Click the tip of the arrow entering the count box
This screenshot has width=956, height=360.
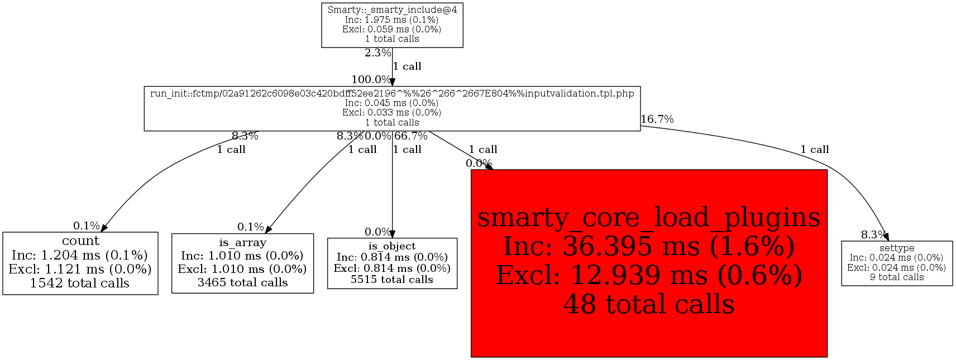coord(101,232)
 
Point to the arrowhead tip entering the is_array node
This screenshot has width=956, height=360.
coord(265,233)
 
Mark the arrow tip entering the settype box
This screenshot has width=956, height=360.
coord(888,241)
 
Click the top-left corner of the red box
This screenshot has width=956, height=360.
coord(471,170)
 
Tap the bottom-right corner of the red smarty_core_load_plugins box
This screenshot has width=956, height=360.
coord(827,357)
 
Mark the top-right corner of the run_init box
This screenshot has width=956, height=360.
coord(640,87)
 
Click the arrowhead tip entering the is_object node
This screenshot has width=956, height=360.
coord(392,238)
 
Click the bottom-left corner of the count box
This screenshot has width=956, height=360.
coord(3,294)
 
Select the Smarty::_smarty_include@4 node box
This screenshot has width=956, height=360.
coord(392,25)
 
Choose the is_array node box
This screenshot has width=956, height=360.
coord(242,263)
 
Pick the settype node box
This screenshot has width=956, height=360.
coord(897,263)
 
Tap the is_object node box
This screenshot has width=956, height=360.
coord(392,263)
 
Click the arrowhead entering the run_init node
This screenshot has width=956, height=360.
coord(392,82)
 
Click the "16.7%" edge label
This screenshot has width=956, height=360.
coord(657,119)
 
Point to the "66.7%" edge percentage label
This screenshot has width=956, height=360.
coord(410,136)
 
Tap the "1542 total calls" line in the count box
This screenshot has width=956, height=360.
coord(79,283)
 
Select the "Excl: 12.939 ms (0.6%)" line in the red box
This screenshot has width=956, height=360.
coord(649,275)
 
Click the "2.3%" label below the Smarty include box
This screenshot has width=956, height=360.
coord(377,53)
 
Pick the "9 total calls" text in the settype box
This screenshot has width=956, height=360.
coord(897,277)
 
